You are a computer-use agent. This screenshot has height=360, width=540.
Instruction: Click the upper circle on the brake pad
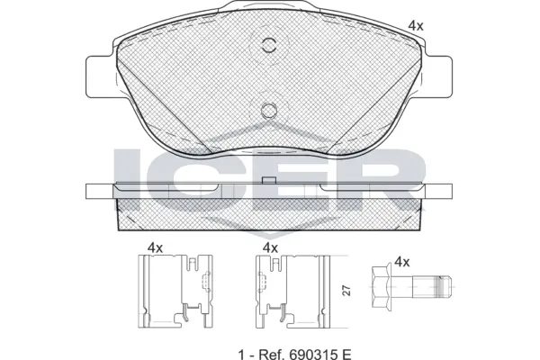(x=267, y=47)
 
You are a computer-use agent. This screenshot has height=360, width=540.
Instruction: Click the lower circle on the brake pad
(x=267, y=111)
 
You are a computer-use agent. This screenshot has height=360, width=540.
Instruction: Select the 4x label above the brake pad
(x=415, y=25)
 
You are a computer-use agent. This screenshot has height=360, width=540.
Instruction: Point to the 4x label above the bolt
(x=401, y=262)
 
